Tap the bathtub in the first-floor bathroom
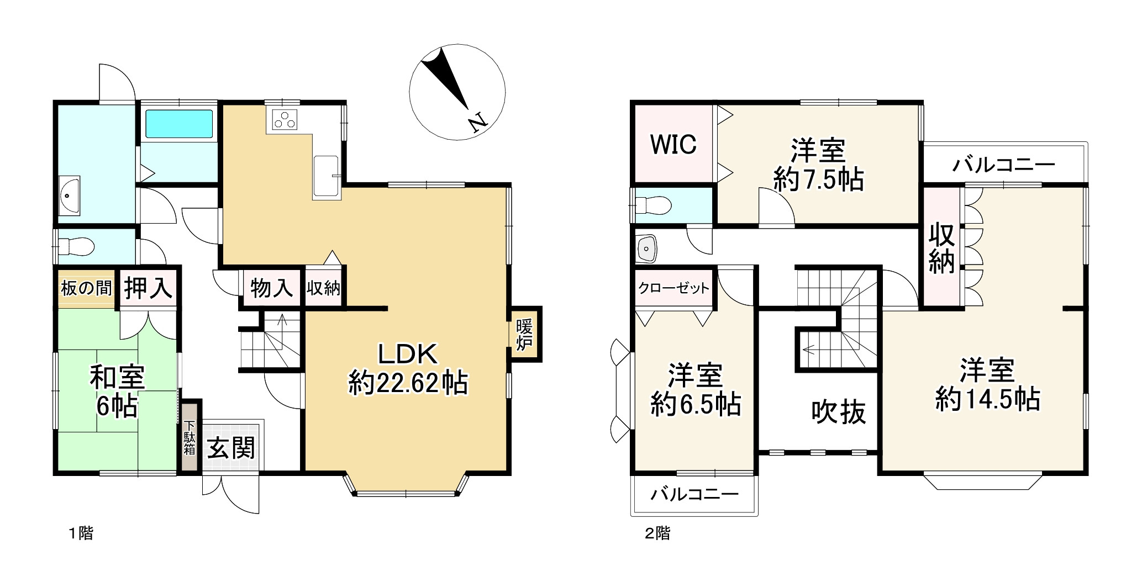(x=179, y=124)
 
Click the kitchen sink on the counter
(x=326, y=176)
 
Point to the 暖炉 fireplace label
(x=524, y=334)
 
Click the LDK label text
(x=408, y=354)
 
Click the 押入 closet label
(x=148, y=288)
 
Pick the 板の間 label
(x=86, y=288)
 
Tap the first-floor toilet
(x=76, y=246)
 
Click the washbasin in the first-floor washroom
(x=70, y=195)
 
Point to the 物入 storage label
(x=271, y=288)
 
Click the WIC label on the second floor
(x=673, y=144)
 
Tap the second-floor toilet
(x=653, y=205)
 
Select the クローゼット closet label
(x=673, y=288)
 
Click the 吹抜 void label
(x=838, y=411)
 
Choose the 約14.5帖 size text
(x=987, y=399)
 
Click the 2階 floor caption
(x=657, y=533)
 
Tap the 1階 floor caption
(x=81, y=533)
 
